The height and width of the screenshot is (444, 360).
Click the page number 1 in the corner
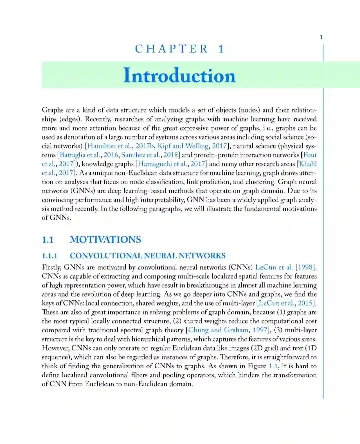321,37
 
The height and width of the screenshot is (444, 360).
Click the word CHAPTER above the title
172,49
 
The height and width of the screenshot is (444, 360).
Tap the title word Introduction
179,75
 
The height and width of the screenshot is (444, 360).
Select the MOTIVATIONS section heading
105,240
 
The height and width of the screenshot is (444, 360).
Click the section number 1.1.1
50,256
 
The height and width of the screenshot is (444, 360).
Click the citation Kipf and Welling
183,146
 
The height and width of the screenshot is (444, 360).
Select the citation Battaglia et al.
80,155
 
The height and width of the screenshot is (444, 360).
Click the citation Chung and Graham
218,330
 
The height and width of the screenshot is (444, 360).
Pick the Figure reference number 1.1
273,366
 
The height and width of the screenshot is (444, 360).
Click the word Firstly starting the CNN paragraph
51,268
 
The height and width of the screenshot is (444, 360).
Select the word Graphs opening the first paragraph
53,110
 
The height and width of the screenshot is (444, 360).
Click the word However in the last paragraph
55,348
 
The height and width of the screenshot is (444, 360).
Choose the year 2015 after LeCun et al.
305,303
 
